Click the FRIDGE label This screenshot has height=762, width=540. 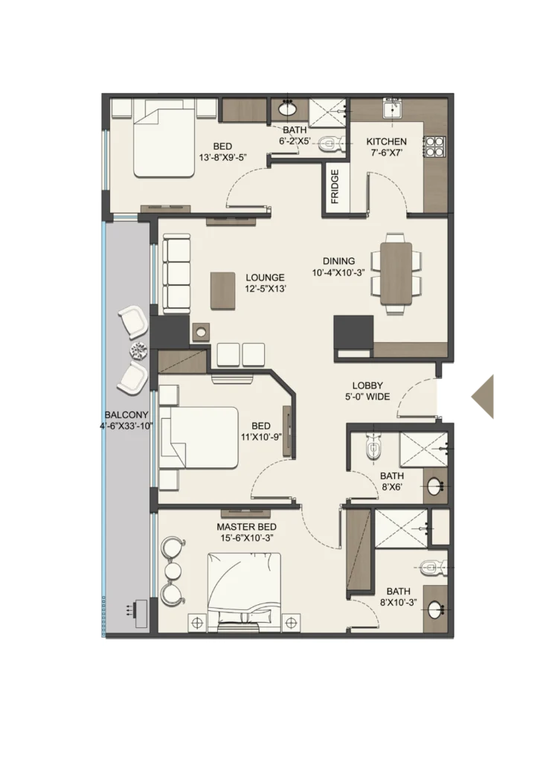335,187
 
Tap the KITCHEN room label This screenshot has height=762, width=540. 387,141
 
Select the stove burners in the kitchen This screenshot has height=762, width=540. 434,147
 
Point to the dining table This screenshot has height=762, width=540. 396,274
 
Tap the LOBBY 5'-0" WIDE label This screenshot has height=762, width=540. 367,391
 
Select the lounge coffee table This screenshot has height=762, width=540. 223,291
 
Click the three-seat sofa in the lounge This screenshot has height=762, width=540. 176,274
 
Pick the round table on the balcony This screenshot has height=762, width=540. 138,350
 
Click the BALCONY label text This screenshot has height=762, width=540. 126,415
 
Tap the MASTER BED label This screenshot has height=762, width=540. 247,527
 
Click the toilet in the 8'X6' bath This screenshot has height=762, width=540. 373,447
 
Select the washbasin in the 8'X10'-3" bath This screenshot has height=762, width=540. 434,609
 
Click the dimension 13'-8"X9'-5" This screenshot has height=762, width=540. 223,158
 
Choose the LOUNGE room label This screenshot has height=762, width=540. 265,278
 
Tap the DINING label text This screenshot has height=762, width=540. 339,261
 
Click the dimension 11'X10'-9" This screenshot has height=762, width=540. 261,437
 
